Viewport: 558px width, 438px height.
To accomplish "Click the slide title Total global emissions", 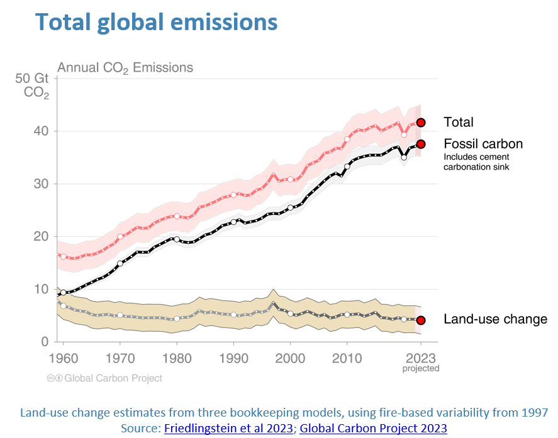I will point(156,23).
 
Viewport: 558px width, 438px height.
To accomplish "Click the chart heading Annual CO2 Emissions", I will point(125,67).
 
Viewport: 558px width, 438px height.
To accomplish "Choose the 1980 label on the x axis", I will point(176,358).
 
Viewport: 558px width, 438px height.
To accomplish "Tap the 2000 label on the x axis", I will point(290,358).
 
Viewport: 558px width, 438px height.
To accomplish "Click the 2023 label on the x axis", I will point(420,358).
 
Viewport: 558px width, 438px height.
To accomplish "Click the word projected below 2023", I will point(421,369).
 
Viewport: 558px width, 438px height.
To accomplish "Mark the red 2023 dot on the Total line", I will point(421,123).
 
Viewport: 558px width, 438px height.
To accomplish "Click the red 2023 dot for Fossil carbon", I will point(421,144).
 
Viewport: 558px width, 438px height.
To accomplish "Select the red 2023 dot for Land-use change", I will point(421,320).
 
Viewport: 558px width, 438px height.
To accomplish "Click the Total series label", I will point(459,123).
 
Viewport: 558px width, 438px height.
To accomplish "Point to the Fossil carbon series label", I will point(483,143).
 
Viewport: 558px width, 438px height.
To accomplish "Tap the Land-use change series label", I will point(495,319).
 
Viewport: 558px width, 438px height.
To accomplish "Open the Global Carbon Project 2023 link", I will point(373,429).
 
